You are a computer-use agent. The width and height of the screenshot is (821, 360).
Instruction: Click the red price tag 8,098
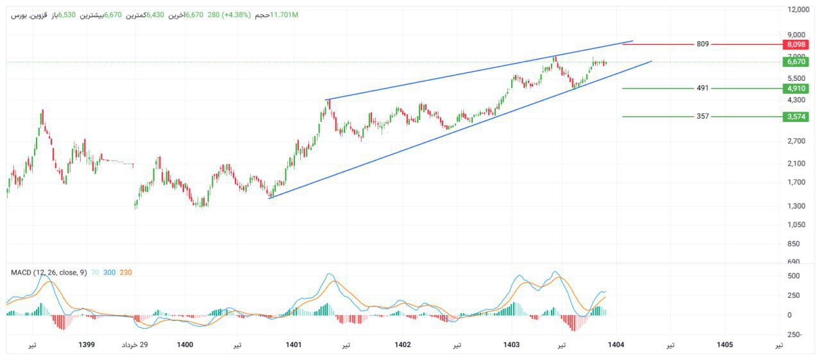(795, 44)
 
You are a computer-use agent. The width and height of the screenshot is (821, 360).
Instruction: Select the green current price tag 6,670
(795, 62)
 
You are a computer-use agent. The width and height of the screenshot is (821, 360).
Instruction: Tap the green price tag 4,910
(795, 89)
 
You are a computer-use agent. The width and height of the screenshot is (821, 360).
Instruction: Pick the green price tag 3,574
(795, 117)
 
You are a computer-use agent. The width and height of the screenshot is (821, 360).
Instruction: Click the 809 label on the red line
(702, 44)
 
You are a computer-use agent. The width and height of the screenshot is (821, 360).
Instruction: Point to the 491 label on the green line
(702, 89)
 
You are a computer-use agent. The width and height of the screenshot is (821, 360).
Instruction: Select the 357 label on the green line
(702, 117)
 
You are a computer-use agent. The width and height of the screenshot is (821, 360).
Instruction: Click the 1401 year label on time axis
(294, 345)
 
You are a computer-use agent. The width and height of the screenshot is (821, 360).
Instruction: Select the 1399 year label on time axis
(87, 345)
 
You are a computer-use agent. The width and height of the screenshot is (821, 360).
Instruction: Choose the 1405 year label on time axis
(725, 345)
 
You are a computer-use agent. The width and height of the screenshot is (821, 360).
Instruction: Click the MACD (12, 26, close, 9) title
(49, 273)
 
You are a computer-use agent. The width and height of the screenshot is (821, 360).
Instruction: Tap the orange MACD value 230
(126, 273)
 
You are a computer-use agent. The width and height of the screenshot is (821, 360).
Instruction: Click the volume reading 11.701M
(285, 15)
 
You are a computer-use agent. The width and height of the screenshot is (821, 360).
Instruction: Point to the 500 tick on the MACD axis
(793, 276)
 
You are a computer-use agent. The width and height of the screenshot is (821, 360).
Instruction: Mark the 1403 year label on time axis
(511, 345)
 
